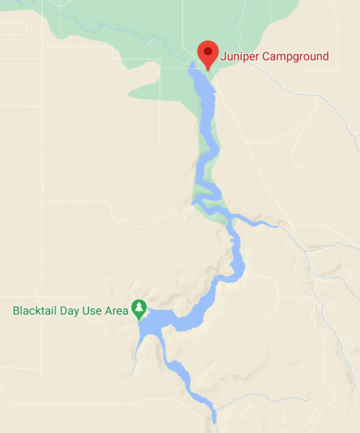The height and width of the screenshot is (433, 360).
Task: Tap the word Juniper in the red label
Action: pos(238,57)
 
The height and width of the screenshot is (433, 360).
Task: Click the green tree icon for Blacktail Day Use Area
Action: pos(139,309)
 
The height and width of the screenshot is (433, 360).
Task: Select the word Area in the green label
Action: pos(117,311)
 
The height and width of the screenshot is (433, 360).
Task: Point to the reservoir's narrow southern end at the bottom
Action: pos(213,417)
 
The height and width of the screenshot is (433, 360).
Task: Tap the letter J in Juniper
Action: pos(223,57)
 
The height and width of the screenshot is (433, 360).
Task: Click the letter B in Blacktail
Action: pos(16,311)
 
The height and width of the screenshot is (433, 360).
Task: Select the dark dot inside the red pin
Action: pos(207,51)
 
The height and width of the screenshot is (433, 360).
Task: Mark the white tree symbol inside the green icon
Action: pos(139,308)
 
